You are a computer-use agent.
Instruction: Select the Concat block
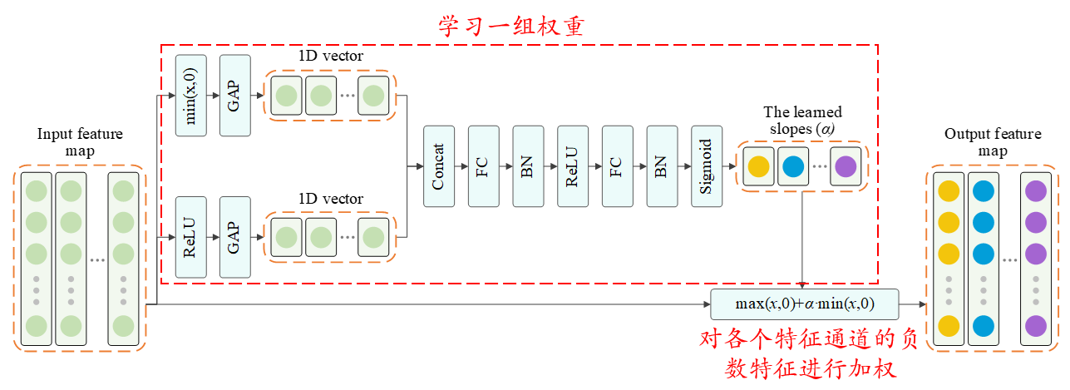click(438, 166)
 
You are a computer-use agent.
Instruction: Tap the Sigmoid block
click(707, 166)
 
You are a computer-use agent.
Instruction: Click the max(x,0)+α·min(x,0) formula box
click(804, 304)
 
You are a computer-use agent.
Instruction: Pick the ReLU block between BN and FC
click(572, 166)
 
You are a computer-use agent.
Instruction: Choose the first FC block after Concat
click(483, 166)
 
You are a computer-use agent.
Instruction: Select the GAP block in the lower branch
click(234, 237)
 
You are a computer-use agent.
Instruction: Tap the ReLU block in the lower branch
click(190, 237)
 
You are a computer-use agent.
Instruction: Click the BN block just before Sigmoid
click(662, 166)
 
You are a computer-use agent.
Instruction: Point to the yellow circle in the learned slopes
click(758, 166)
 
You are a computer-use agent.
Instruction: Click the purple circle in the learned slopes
click(845, 166)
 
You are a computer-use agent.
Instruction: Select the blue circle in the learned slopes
click(792, 166)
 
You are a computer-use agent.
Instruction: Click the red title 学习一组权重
click(513, 25)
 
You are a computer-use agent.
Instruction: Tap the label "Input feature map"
click(80, 142)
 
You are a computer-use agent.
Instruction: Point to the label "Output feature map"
click(992, 142)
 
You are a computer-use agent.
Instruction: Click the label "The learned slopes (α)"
click(802, 121)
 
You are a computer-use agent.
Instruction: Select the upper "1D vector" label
click(331, 57)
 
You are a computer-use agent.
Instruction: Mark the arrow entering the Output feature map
click(913, 304)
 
